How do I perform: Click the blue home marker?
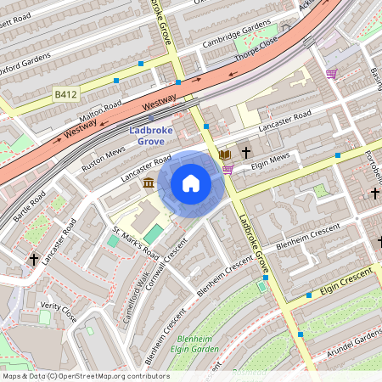tap(191, 183)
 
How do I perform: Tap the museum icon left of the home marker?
tap(149, 183)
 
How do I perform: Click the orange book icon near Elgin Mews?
tap(224, 154)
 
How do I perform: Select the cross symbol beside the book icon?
tap(246, 154)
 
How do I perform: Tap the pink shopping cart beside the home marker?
tap(228, 169)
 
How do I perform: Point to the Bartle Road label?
tap(31, 207)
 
